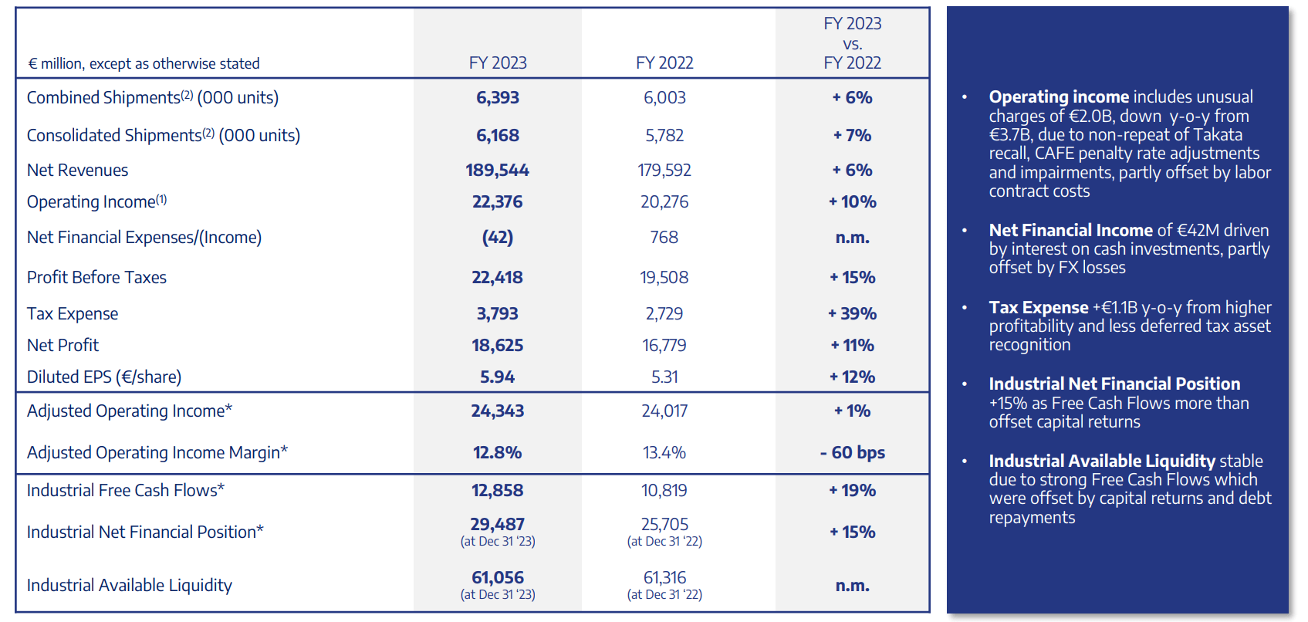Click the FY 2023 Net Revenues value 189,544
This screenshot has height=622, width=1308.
[x=497, y=170]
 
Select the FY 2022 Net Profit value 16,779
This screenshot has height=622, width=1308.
[x=664, y=345]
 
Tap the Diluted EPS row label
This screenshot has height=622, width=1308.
[x=104, y=377]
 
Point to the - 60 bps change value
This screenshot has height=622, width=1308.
[x=852, y=452]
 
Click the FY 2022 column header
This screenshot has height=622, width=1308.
[x=664, y=63]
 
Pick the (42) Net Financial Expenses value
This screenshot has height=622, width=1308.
[x=497, y=237]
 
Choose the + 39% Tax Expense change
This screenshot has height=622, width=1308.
[x=852, y=313]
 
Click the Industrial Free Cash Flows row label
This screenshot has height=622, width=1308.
[x=126, y=490]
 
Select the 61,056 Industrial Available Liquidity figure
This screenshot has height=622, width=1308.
[x=497, y=577]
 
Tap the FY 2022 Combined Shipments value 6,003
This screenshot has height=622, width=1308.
[x=664, y=97]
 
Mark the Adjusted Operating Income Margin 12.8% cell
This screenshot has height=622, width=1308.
[x=497, y=452]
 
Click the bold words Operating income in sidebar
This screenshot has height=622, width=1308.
[x=1059, y=97]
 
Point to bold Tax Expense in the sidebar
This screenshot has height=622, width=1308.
[x=1038, y=307]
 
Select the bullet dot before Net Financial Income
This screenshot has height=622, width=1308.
[x=964, y=231]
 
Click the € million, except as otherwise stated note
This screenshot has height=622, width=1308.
[x=144, y=63]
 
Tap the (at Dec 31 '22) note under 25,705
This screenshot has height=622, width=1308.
[x=664, y=542]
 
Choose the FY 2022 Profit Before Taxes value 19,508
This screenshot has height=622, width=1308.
[x=664, y=277]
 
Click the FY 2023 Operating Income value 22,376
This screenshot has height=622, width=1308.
[x=497, y=201]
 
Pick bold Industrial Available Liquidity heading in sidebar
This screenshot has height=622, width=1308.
[x=1102, y=461]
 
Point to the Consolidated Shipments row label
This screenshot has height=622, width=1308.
[x=163, y=135]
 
